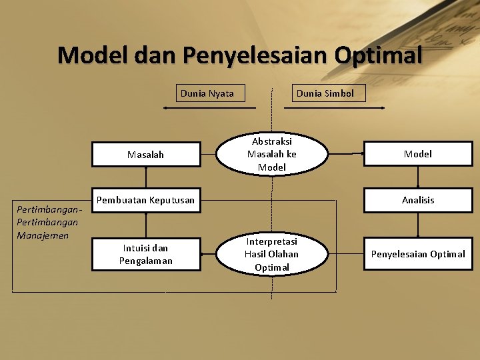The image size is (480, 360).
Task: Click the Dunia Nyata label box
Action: pos(207,93)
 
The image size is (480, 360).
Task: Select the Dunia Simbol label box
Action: pos(325,93)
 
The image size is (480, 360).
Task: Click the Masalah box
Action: pos(145,154)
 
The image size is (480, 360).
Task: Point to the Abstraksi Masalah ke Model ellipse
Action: pos(272,154)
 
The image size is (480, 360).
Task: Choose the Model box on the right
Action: pos(418,154)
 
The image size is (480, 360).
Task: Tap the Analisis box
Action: pos(418,200)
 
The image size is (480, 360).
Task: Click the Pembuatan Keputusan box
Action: pos(146,200)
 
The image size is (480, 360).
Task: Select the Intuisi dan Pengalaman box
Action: pos(145,254)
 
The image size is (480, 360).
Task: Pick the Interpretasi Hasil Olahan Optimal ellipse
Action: pos(272,254)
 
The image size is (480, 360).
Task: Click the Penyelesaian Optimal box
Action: pos(418,254)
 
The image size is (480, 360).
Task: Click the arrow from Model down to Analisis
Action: pos(418,177)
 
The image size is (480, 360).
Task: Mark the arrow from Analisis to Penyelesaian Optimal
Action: pos(418,226)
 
